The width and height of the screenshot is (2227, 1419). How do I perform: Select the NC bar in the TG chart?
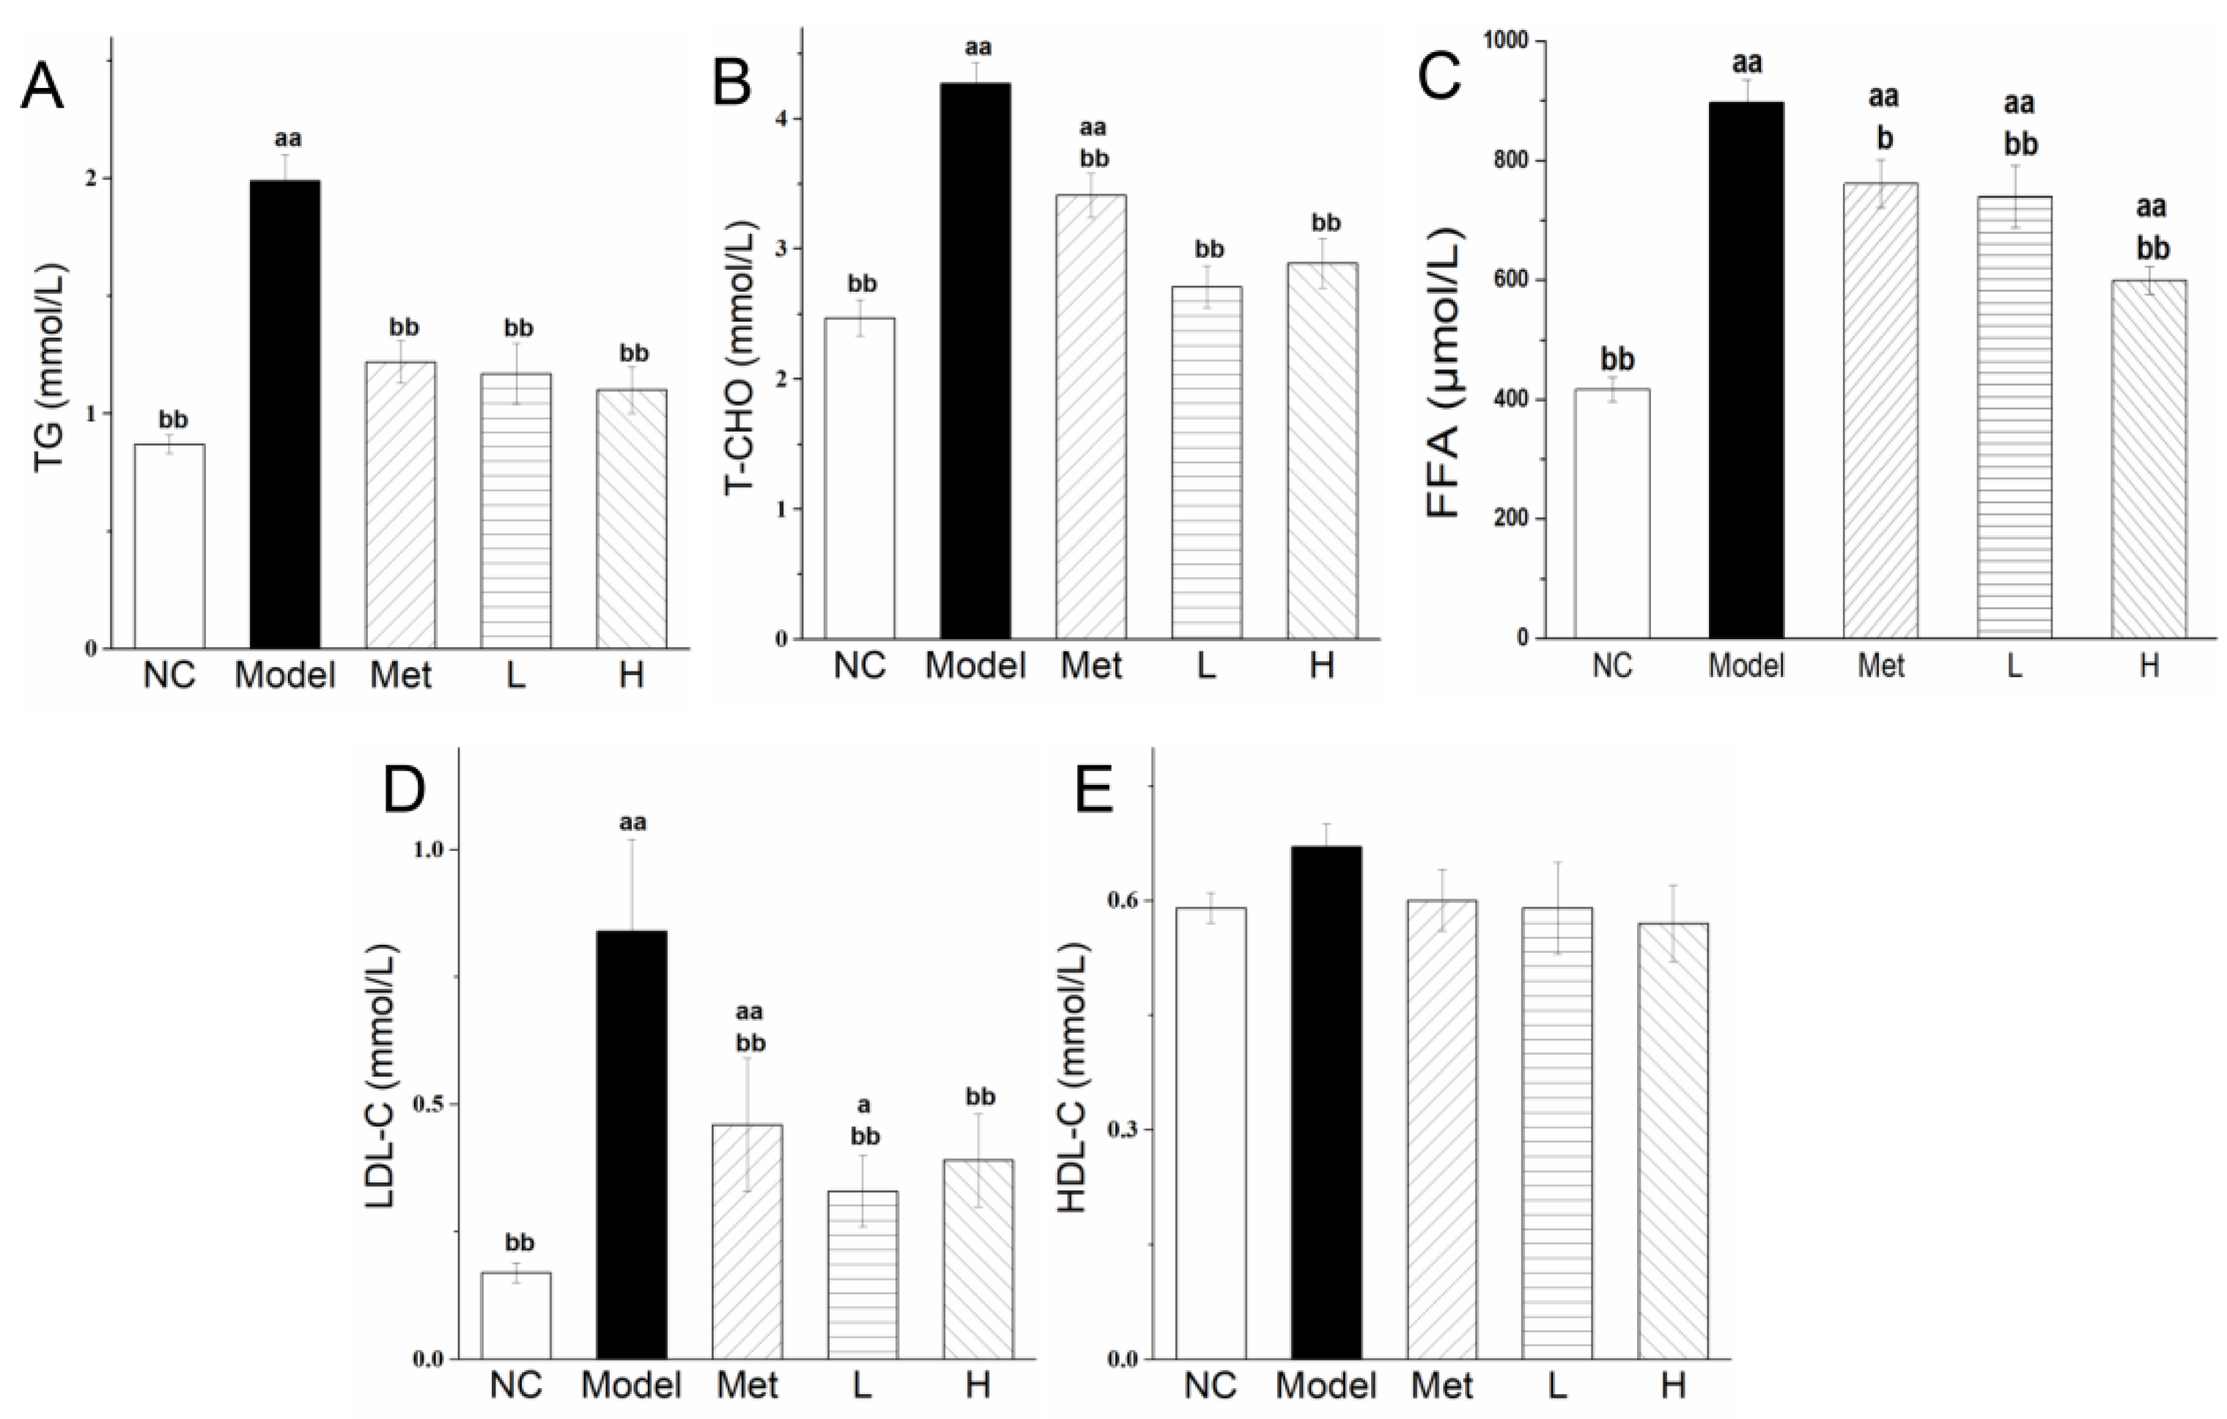[169, 546]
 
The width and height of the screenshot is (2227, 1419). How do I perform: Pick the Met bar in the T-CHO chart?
[1091, 416]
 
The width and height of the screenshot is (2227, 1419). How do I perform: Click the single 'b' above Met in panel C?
[1885, 139]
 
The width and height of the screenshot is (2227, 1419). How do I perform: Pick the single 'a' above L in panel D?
[865, 1105]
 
